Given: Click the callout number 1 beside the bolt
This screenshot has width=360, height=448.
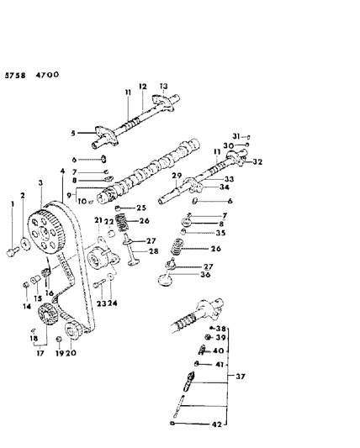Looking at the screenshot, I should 13,204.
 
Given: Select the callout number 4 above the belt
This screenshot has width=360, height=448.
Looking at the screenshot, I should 63,173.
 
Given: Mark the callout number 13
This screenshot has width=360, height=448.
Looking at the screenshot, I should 164,86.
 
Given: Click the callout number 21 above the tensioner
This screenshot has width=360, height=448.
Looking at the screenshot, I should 98,219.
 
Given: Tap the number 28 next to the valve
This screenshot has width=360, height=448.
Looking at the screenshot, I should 153,251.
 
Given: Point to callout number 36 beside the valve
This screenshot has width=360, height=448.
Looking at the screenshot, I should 205,273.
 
